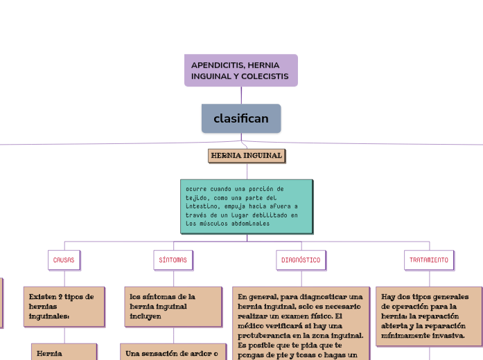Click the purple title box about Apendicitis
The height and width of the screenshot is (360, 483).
tap(240, 70)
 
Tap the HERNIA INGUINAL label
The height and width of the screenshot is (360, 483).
tap(247, 156)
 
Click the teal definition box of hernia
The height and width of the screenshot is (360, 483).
tap(246, 206)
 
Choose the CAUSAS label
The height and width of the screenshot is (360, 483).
tap(64, 260)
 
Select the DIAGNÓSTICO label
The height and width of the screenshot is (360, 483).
tap(301, 260)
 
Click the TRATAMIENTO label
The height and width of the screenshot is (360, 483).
tap(428, 260)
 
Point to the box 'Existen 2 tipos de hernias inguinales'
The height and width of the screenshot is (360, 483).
tap(64, 305)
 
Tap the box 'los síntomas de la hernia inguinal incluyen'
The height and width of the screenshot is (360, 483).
tap(173, 305)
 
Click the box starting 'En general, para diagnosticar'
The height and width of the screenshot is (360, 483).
tap(300, 323)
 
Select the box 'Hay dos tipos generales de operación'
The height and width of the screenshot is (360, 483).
tap(428, 315)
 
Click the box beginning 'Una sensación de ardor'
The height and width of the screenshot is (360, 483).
tap(173, 354)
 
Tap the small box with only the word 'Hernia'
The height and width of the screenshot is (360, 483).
tap(64, 353)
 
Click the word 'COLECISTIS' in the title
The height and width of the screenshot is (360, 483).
tap(266, 75)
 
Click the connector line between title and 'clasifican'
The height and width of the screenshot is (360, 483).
tap(241, 95)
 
